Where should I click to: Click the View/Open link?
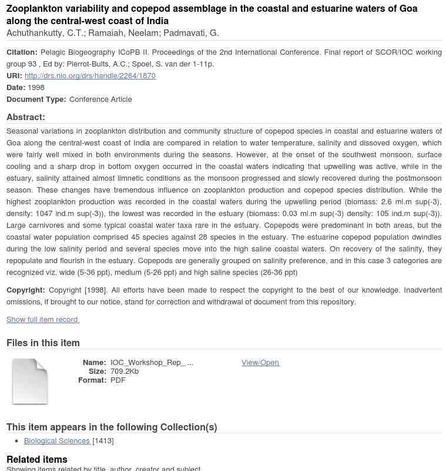tap(260, 362)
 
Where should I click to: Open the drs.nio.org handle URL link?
tap(90, 75)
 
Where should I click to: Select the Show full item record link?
tap(42, 319)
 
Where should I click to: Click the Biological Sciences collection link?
tap(57, 440)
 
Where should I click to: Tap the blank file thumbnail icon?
tap(30, 382)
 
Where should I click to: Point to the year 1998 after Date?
tap(36, 87)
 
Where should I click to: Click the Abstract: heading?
tap(26, 117)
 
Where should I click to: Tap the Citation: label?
tap(22, 52)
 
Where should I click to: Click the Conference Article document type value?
tap(100, 99)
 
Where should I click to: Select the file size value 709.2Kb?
tap(125, 371)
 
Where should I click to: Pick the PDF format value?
tap(118, 380)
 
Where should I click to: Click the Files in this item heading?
tap(43, 343)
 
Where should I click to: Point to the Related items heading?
tap(37, 459)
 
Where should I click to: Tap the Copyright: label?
tap(26, 290)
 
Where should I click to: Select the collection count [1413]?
tap(103, 440)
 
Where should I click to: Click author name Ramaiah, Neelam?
tap(123, 33)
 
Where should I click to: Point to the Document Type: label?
tap(36, 99)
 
